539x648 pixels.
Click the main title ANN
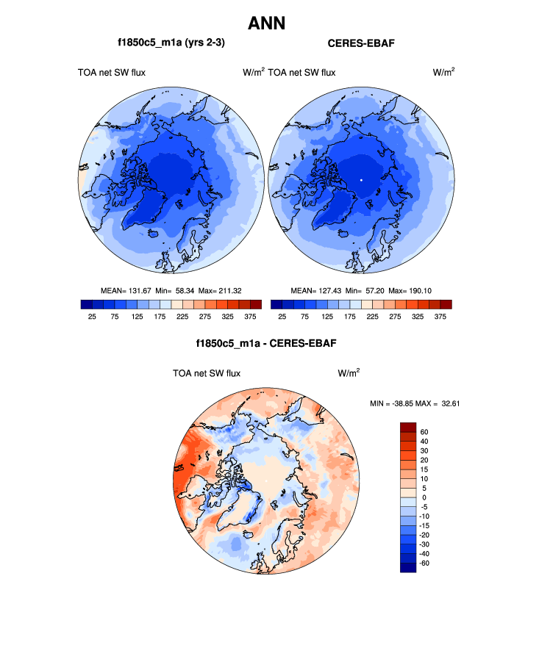[266, 24]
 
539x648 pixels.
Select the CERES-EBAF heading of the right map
[361, 44]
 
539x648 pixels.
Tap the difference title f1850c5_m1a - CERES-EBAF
[266, 343]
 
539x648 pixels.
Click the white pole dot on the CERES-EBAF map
[361, 179]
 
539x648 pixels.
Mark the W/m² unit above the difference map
[349, 373]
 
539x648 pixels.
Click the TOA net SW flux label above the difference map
[207, 373]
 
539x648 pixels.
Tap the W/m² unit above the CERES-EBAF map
[443, 72]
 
